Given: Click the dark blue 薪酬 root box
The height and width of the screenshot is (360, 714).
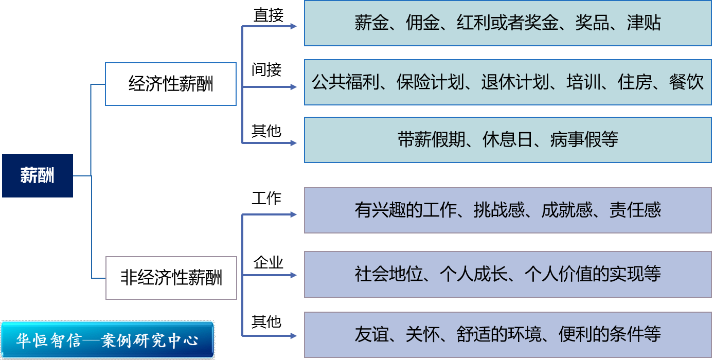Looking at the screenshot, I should tap(37, 175).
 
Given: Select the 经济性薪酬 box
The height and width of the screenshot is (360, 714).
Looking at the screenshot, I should tap(171, 84).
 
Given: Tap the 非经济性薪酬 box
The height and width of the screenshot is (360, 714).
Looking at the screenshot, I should tap(171, 278).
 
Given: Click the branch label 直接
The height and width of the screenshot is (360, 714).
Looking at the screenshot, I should tap(268, 15).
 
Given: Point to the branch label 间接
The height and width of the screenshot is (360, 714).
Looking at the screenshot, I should tap(266, 69).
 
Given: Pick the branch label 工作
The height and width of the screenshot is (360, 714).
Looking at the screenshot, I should tap(266, 199).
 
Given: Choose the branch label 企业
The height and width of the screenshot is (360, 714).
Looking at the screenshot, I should tap(268, 263).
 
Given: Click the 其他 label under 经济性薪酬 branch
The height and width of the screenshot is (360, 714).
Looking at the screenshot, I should tap(266, 131).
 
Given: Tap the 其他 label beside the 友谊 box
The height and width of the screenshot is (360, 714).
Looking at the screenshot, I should tap(266, 322).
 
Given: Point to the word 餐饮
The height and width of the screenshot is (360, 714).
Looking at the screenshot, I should tap(686, 82).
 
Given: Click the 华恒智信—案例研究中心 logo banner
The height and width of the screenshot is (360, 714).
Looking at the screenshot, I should tap(107, 340).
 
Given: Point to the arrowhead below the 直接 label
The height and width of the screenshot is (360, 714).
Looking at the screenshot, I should tap(294, 26).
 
